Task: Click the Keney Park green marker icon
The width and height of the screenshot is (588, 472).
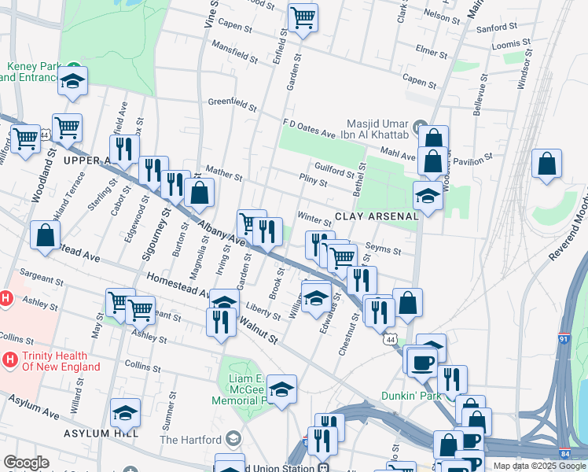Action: tap(72, 67)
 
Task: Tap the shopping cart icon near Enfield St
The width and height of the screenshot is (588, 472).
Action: tap(303, 17)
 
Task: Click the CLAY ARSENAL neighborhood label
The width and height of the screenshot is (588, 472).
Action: tap(376, 216)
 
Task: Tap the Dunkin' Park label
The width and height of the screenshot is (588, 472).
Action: tap(410, 396)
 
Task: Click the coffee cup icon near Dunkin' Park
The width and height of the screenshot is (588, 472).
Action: tap(423, 360)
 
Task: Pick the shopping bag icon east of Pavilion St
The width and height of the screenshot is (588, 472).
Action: tap(546, 164)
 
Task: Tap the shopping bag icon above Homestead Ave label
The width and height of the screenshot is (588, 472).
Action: tap(46, 234)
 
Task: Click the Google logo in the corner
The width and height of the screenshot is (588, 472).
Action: tap(26, 463)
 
